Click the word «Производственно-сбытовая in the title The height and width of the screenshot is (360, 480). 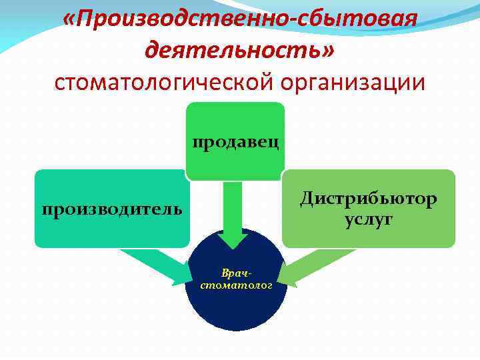pyautogui.click(x=240, y=20)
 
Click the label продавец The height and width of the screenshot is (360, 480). pyautogui.click(x=235, y=142)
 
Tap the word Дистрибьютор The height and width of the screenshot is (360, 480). pyautogui.click(x=368, y=198)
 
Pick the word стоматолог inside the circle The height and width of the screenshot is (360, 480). pyautogui.click(x=237, y=285)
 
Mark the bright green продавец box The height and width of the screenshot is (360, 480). pyautogui.click(x=235, y=120)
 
